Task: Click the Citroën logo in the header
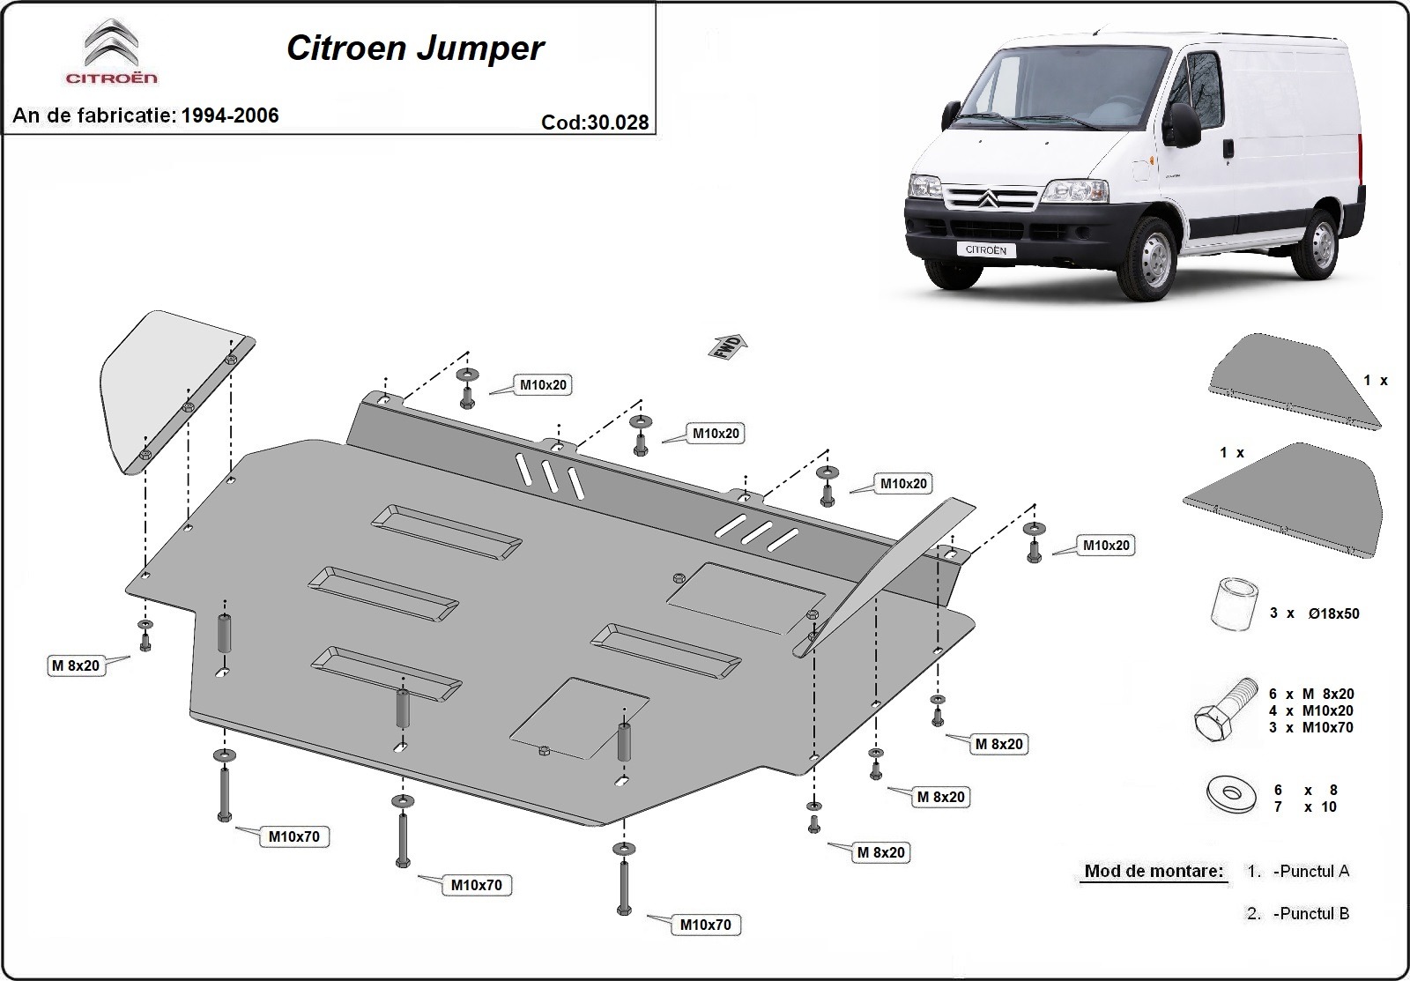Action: point(111,50)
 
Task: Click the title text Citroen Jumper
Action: point(414,48)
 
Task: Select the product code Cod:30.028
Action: point(595,123)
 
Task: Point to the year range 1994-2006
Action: point(230,115)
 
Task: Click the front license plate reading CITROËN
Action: point(986,249)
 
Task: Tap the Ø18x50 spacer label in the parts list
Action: point(1314,613)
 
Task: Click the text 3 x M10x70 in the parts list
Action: point(1311,727)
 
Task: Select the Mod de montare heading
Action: point(1154,872)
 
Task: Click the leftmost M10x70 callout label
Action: point(294,836)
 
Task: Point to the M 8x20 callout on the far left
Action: point(76,665)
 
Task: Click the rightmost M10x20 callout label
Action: point(1106,546)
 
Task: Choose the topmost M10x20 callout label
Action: point(543,384)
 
